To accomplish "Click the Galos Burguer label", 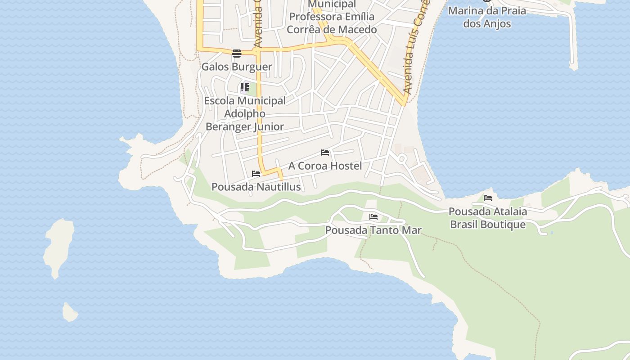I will pos(237,67).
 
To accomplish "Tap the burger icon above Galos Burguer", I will pos(237,54).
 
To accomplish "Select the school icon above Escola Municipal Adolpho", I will pos(244,87).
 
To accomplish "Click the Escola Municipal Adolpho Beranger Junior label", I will pos(245,113).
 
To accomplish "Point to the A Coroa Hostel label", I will pos(325,166).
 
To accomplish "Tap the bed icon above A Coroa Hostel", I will pos(325,153).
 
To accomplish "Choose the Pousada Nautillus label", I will pos(256,187).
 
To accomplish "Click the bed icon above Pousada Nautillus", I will pos(256,174).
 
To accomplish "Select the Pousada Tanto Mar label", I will pos(373,230).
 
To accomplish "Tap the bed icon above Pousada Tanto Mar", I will pos(373,217).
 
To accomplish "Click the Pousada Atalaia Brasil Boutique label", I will pos(488,218).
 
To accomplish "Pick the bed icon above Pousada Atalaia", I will pos(488,198).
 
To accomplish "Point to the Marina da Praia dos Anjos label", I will pos(487,17).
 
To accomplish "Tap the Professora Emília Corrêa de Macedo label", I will pos(332,23).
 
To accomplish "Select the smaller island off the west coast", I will pos(70,312).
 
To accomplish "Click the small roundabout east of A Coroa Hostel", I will pos(402,158).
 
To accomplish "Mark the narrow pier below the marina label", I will pos(572,40).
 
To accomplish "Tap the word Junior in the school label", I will pos(269,126).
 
